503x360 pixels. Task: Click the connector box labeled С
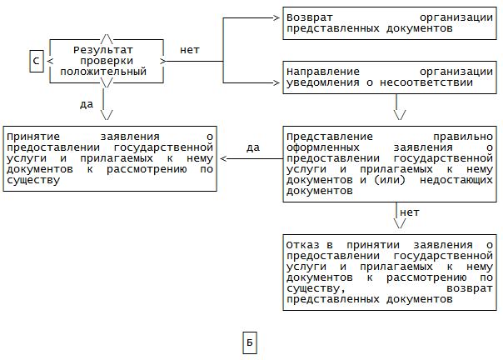[36, 62]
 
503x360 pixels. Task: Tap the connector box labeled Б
[250, 342]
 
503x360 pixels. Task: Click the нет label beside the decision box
[189, 50]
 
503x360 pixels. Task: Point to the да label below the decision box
[86, 105]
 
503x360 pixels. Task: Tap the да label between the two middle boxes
[253, 147]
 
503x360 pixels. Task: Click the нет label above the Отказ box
[410, 212]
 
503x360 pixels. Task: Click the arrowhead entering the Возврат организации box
[277, 17]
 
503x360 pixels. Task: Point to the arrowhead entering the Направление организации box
[277, 82]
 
